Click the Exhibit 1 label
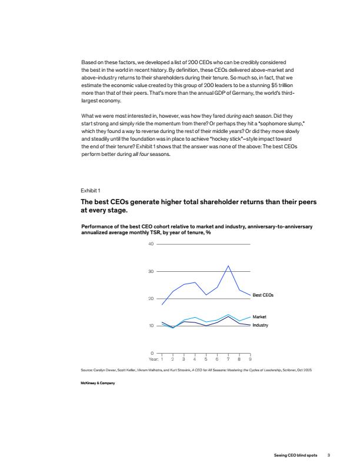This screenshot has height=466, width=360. (x=91, y=191)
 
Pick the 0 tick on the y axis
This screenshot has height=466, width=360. (x=151, y=353)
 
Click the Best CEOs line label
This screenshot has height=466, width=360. (x=263, y=294)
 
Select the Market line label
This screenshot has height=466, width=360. (x=259, y=317)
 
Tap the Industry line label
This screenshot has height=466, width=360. (x=260, y=325)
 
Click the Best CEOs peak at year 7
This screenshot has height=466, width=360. (x=228, y=266)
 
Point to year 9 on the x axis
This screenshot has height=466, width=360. (x=251, y=358)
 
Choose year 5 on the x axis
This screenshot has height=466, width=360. (x=206, y=358)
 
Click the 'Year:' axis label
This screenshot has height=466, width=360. (x=154, y=358)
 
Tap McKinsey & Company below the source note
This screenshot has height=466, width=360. (x=98, y=383)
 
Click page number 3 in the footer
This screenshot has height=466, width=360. (x=329, y=454)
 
